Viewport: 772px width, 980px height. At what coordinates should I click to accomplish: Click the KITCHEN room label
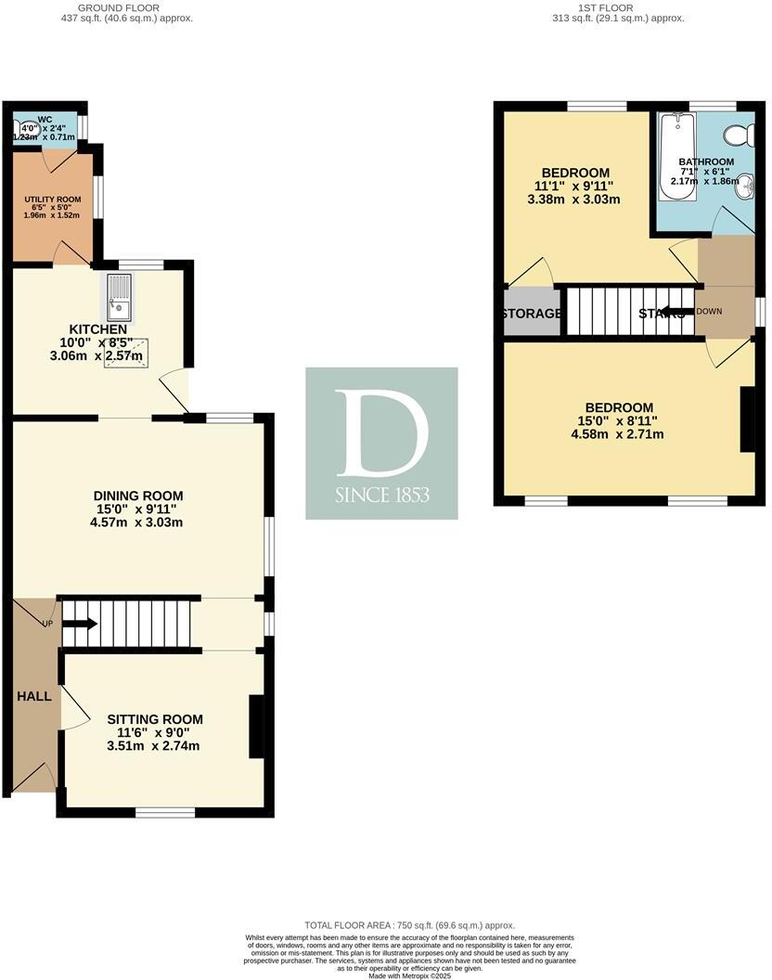[98, 329]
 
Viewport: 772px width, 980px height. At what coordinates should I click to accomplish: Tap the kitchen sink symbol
[119, 297]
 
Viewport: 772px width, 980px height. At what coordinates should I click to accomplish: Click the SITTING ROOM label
[154, 719]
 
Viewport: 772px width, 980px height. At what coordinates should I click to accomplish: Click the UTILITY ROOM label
[53, 200]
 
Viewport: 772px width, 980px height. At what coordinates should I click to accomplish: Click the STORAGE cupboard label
[532, 314]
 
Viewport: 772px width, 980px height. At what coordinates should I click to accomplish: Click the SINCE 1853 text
[381, 496]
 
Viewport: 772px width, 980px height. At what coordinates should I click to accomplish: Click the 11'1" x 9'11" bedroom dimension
[575, 186]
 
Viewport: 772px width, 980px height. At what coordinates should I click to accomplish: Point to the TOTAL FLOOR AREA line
[409, 925]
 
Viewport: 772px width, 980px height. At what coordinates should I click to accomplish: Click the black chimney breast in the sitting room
[256, 727]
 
